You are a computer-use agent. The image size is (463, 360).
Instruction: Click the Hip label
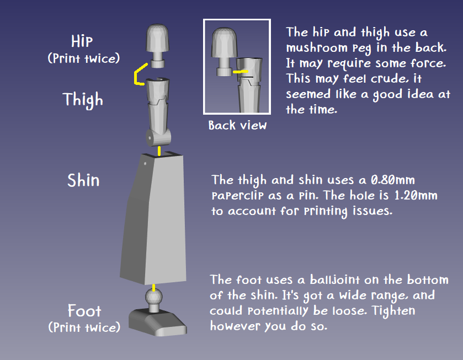pos(82,41)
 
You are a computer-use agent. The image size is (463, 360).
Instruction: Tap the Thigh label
pos(83,100)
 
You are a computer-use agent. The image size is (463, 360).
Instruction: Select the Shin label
pos(83,180)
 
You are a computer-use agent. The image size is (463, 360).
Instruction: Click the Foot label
pos(84,311)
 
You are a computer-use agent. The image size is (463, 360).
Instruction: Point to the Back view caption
pos(237,125)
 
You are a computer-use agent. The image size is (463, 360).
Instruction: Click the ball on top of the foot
pos(153,297)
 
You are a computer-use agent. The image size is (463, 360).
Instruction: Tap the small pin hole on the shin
pos(145,163)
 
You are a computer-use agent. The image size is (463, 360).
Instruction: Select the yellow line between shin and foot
pos(153,287)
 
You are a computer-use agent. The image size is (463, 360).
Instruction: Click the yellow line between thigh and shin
pos(159,151)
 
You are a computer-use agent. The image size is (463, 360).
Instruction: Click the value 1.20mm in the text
pos(416,195)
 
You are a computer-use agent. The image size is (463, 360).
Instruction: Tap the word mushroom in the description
pos(317,48)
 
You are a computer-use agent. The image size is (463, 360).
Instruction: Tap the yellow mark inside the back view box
pos(241,72)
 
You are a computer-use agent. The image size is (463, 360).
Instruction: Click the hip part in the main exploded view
pos(158,46)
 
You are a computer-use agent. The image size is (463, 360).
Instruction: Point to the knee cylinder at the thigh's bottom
pos(158,137)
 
